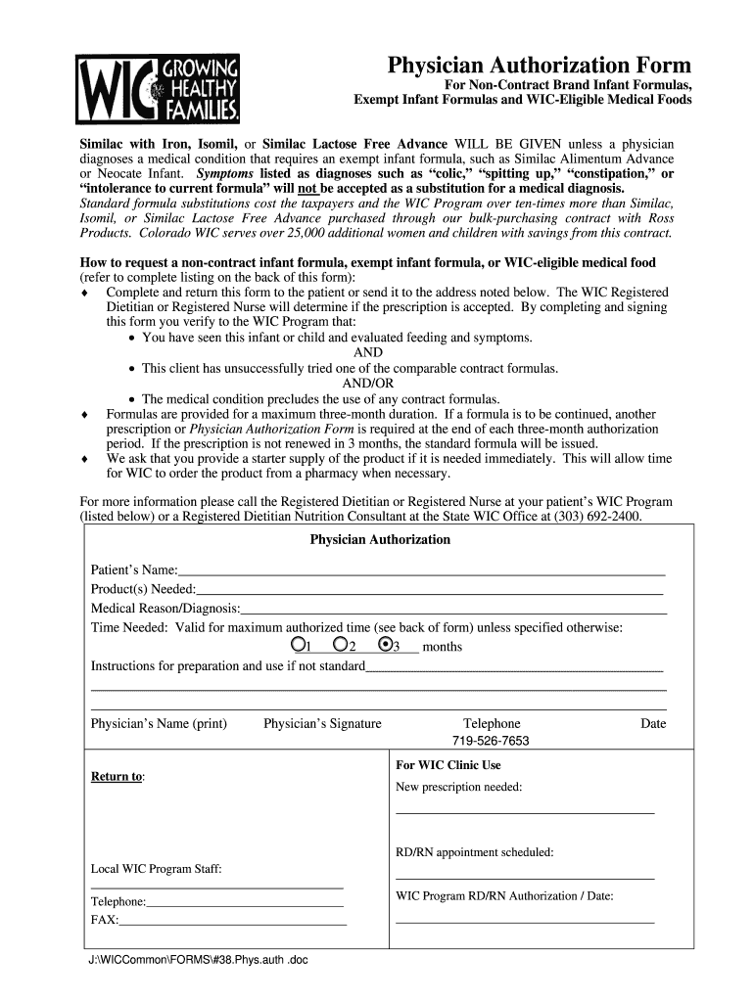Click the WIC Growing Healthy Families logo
pyautogui.click(x=160, y=89)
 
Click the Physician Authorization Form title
pyautogui.click(x=540, y=66)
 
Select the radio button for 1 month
pyautogui.click(x=298, y=645)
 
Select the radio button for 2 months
pyautogui.click(x=340, y=645)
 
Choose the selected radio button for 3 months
pyautogui.click(x=386, y=645)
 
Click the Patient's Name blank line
pyautogui.click(x=421, y=571)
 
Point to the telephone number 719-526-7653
pyautogui.click(x=491, y=741)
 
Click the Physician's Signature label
pyautogui.click(x=322, y=724)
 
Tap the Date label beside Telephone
pyautogui.click(x=653, y=724)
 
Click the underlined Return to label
pyautogui.click(x=117, y=777)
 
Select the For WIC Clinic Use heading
pyautogui.click(x=448, y=765)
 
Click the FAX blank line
pyautogui.click(x=233, y=922)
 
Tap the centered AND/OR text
pyautogui.click(x=368, y=384)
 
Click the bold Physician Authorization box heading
pyautogui.click(x=380, y=540)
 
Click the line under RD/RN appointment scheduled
pyautogui.click(x=525, y=877)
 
